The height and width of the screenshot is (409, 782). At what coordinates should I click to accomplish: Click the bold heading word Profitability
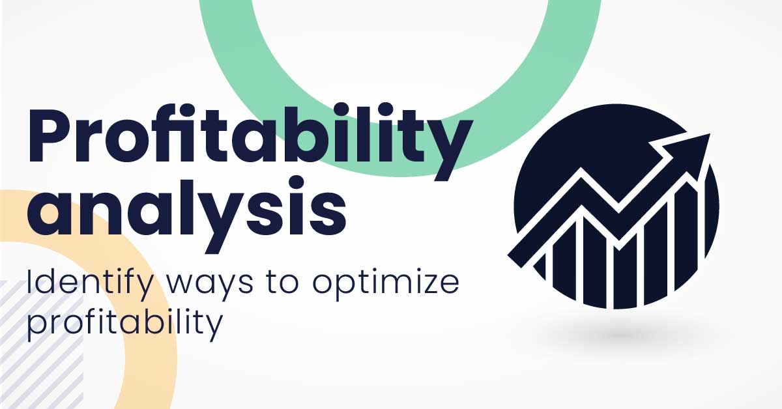point(250,142)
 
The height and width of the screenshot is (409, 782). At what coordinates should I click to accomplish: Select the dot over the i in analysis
point(297,183)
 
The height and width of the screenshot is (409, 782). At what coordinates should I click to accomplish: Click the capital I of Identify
point(29,281)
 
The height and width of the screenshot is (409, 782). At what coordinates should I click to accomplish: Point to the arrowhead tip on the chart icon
point(710,134)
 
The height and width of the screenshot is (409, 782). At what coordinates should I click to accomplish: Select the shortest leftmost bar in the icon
point(540,266)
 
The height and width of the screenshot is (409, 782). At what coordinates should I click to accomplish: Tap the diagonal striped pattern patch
point(41,345)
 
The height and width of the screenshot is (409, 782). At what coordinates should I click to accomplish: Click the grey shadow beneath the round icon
point(618,335)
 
